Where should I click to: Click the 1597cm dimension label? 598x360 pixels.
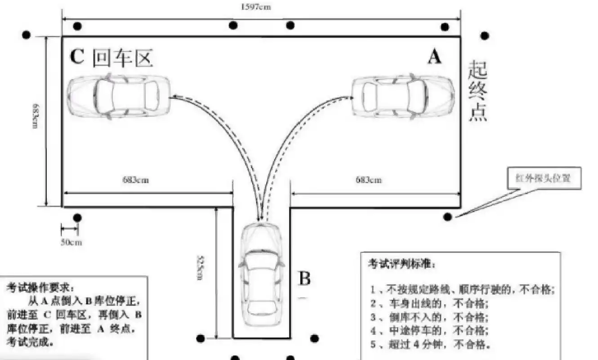(x=256, y=7)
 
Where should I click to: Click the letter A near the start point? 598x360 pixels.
(x=434, y=57)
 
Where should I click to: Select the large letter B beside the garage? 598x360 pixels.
(x=305, y=279)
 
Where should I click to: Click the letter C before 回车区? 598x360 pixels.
(x=77, y=57)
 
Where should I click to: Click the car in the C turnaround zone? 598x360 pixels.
(x=119, y=95)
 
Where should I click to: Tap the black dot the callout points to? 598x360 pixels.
(x=447, y=217)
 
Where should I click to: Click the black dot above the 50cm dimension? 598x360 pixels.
(x=77, y=218)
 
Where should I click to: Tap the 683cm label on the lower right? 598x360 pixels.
(x=369, y=180)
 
